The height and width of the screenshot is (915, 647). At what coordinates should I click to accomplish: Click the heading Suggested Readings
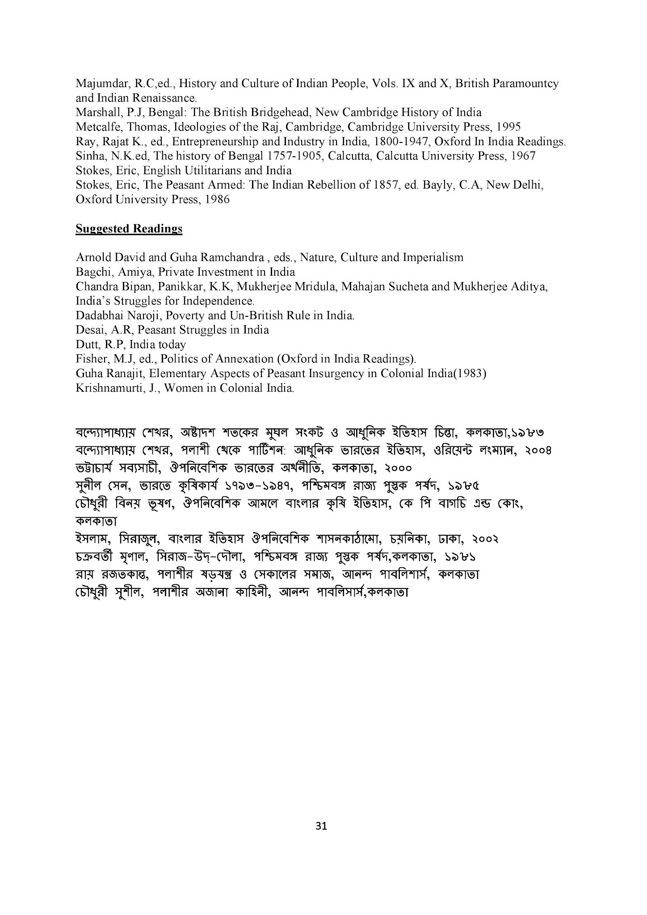coord(129,229)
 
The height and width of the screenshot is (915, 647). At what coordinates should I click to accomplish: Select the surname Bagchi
coord(90,272)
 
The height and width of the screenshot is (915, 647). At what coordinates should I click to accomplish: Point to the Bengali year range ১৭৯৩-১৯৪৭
coord(259,486)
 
